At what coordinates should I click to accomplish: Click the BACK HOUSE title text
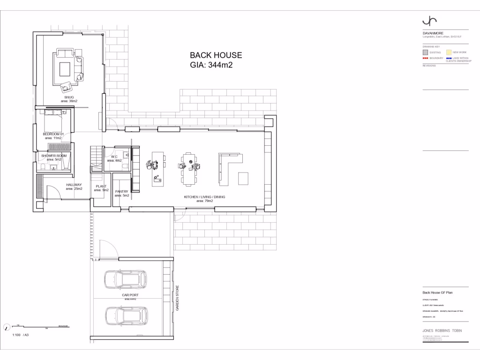pos(216,55)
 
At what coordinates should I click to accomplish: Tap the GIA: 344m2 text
pos(211,65)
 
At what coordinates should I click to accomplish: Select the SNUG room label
pos(69,97)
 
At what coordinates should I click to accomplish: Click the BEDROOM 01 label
pos(53,134)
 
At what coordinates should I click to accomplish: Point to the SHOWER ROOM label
pos(54,156)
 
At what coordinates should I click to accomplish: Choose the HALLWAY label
pos(74,185)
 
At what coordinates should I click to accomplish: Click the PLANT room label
pos(101,186)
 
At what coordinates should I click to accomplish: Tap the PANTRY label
pos(122,191)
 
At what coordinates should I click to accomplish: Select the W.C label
pos(114,157)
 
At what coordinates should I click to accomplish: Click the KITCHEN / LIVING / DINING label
pos(204,197)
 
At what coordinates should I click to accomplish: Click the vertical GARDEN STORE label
pos(178,298)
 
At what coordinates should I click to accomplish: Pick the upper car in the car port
pos(125,279)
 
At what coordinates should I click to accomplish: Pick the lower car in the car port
pos(126,316)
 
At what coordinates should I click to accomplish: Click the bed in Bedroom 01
pos(56,121)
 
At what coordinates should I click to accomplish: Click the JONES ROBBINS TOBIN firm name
pos(442,330)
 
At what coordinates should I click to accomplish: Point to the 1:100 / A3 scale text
pos(21,335)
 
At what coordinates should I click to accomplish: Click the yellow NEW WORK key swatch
pos(448,52)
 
